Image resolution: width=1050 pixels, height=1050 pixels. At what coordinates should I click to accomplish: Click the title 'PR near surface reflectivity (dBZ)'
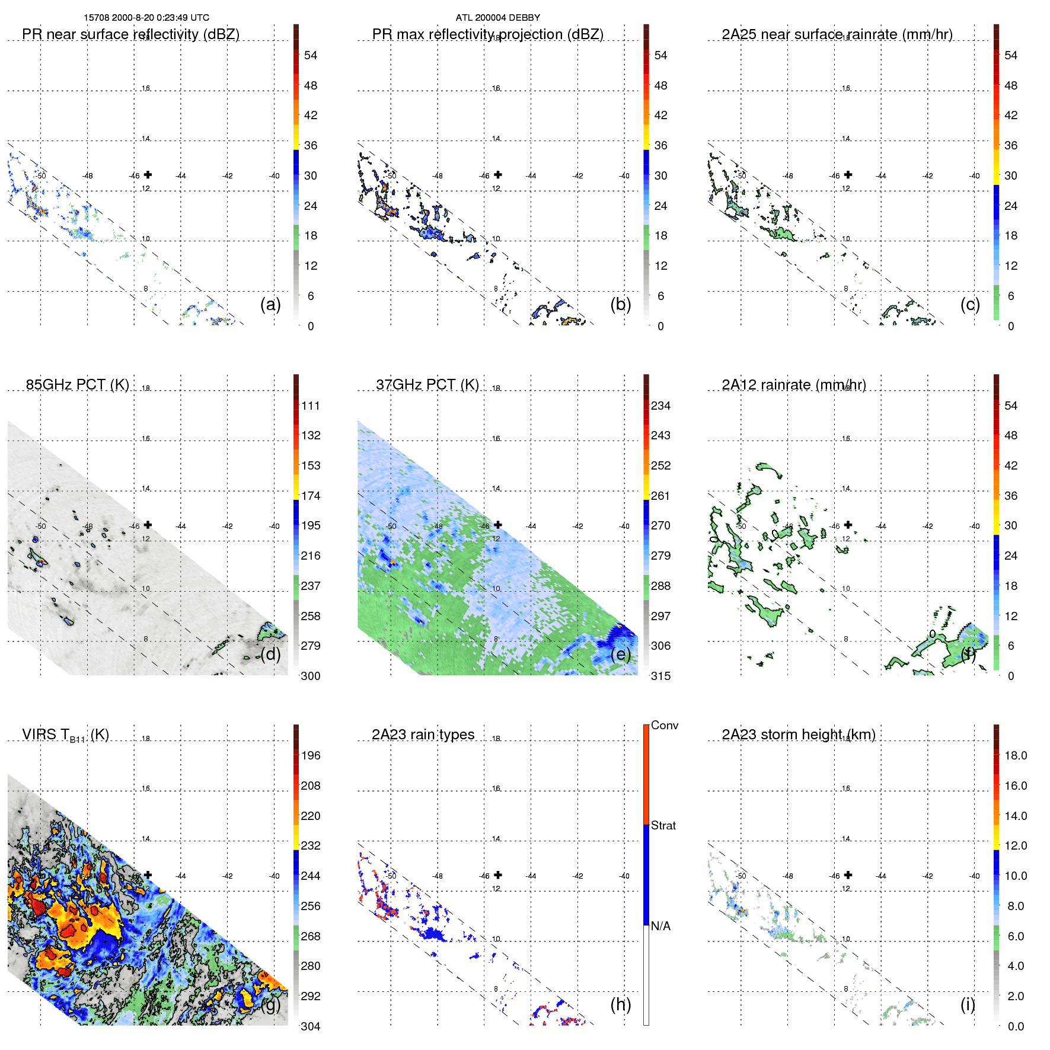point(130,34)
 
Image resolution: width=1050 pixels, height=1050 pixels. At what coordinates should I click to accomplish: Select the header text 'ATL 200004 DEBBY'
point(497,18)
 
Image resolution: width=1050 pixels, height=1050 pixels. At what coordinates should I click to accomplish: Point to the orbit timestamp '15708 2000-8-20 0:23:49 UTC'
point(146,18)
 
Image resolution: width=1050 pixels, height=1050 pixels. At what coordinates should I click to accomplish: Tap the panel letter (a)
point(270,304)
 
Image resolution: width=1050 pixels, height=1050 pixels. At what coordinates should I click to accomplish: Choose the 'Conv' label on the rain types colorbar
point(664,725)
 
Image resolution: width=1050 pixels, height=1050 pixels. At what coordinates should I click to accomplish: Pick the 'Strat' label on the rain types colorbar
point(663,825)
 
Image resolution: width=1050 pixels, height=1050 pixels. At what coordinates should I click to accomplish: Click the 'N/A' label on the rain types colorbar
point(660,926)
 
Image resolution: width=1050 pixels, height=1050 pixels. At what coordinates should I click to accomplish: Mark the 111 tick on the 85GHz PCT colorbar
point(311,406)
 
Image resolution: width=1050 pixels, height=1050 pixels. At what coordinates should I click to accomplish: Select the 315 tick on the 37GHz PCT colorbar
point(660,676)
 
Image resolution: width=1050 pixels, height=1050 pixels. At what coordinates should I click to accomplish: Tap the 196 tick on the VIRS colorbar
point(311,755)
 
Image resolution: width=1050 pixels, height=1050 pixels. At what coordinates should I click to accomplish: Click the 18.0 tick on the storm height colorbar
point(1016,755)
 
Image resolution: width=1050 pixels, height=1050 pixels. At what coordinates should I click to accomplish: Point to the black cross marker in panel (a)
point(148,174)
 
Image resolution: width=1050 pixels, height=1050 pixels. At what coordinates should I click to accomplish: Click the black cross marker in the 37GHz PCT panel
point(498,525)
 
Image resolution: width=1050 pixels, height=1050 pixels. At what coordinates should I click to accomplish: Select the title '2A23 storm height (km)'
point(798,735)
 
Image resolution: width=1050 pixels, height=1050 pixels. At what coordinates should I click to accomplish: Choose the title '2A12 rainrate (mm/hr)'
point(793,385)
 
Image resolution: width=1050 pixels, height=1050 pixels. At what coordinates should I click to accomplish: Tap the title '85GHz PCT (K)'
point(77,385)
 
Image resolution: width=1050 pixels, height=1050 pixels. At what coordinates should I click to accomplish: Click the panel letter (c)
point(970,304)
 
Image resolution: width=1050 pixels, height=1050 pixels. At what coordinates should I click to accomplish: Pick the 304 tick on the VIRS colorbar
point(311,1026)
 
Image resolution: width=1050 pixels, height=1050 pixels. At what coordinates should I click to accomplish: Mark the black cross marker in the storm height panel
point(848,875)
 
